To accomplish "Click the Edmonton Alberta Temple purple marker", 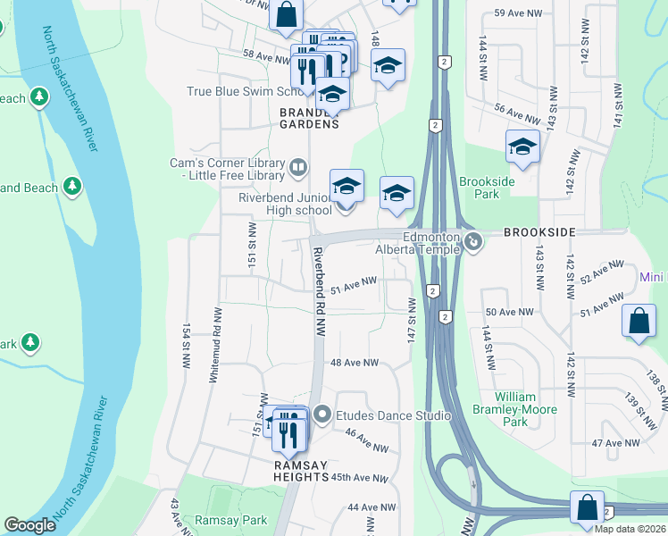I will tap(474, 240).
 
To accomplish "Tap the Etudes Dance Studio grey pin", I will tap(322, 415).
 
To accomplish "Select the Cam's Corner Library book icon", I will tap(298, 166).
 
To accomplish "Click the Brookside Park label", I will tap(487, 188).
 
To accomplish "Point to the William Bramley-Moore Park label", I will tap(528, 409).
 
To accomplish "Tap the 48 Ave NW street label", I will tap(355, 363).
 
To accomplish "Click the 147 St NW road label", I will tap(412, 317).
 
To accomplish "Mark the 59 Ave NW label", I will tap(520, 13).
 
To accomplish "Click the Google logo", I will tap(29, 525).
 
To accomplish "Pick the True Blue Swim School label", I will tap(246, 91).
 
